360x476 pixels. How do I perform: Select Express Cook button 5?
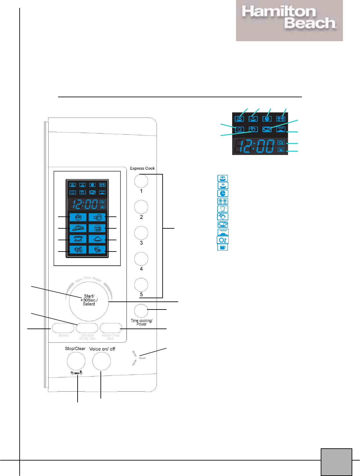pyautogui.click(x=141, y=284)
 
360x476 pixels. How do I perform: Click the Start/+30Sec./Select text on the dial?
pyautogui.click(x=89, y=300)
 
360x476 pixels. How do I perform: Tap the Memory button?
pyautogui.click(x=63, y=328)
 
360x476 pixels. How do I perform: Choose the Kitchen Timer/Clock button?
pyautogui.click(x=111, y=328)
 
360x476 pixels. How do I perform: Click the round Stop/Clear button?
pyautogui.click(x=76, y=361)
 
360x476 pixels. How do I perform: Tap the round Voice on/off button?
pyautogui.click(x=101, y=361)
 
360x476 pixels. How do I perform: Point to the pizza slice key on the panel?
pyautogui.click(x=78, y=228)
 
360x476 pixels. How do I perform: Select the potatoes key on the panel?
pyautogui.click(x=97, y=217)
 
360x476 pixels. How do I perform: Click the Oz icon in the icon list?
pyautogui.click(x=223, y=240)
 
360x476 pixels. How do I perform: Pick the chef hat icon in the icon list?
pyautogui.click(x=223, y=209)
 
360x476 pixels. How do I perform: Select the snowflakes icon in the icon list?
pyautogui.click(x=223, y=201)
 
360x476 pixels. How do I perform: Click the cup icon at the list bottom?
pyautogui.click(x=223, y=247)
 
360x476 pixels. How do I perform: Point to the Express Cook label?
pyautogui.click(x=142, y=168)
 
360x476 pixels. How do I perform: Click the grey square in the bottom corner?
pyautogui.click(x=336, y=462)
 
